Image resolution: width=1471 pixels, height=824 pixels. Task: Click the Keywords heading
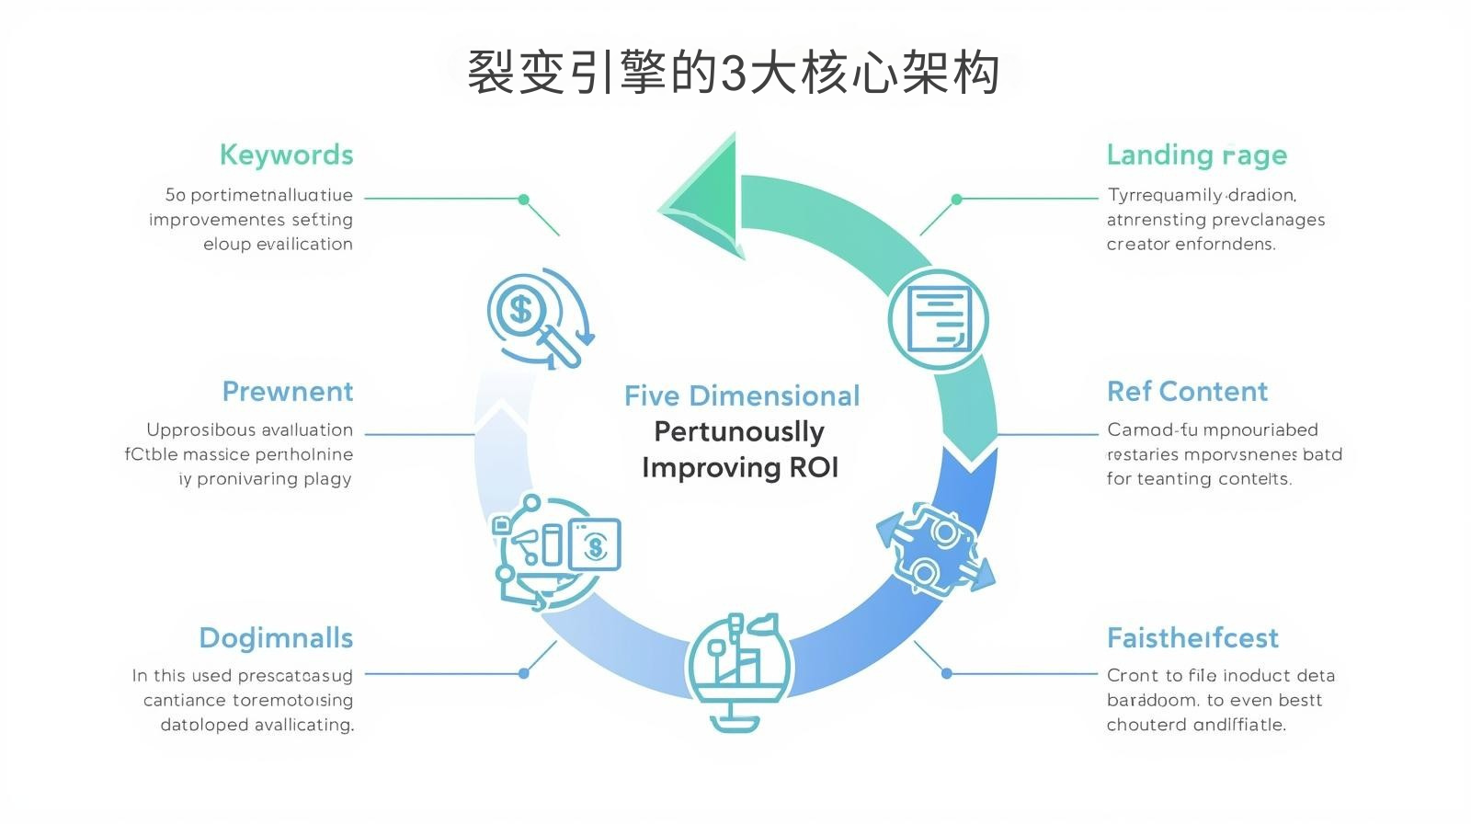coord(286,154)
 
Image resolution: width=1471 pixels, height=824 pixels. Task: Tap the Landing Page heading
coord(1196,154)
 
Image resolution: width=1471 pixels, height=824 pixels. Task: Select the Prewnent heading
coord(287,392)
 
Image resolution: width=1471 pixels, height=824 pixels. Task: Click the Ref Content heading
coord(1187,392)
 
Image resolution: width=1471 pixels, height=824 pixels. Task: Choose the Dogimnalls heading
coord(276,638)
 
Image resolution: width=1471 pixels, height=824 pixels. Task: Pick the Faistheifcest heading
coord(1192,638)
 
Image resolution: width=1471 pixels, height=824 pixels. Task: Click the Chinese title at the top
coord(734,72)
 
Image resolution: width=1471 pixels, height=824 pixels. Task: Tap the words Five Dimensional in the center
coord(741,396)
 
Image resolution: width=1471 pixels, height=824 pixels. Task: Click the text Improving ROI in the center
coord(740,468)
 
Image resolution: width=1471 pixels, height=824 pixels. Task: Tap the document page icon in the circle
coord(938,320)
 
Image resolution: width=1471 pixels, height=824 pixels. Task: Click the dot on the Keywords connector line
coord(524,199)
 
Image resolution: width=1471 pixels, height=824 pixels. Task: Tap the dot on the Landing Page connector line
coord(956,199)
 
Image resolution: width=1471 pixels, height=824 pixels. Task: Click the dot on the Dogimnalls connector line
coord(523,673)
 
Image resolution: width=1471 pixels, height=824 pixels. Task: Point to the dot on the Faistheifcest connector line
coord(946,673)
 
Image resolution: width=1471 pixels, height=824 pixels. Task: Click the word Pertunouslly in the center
coord(739,431)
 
